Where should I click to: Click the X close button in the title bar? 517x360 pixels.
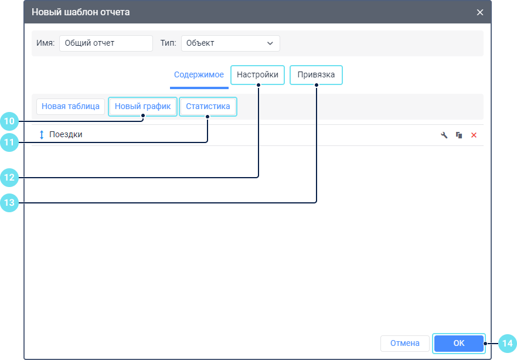(479, 12)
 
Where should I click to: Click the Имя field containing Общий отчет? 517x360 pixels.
(106, 43)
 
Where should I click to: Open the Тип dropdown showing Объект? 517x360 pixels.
(230, 43)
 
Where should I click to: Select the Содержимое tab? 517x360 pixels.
(199, 75)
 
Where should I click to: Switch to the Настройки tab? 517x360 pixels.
(257, 75)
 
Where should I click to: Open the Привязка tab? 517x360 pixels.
(316, 75)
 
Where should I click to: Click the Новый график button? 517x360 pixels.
(142, 106)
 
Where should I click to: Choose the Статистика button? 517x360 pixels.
(208, 106)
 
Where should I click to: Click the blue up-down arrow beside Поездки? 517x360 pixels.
(42, 135)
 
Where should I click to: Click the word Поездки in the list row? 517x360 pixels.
(66, 134)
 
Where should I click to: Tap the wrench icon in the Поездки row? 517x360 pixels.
(444, 135)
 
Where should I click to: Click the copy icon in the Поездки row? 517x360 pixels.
(459, 135)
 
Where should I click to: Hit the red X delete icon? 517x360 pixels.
(474, 135)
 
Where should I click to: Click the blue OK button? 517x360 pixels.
(458, 343)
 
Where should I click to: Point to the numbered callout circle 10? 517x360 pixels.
(9, 121)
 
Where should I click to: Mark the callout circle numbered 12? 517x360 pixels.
(9, 178)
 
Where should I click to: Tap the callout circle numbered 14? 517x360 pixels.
(508, 344)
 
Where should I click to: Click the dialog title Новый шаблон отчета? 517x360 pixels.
(81, 12)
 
